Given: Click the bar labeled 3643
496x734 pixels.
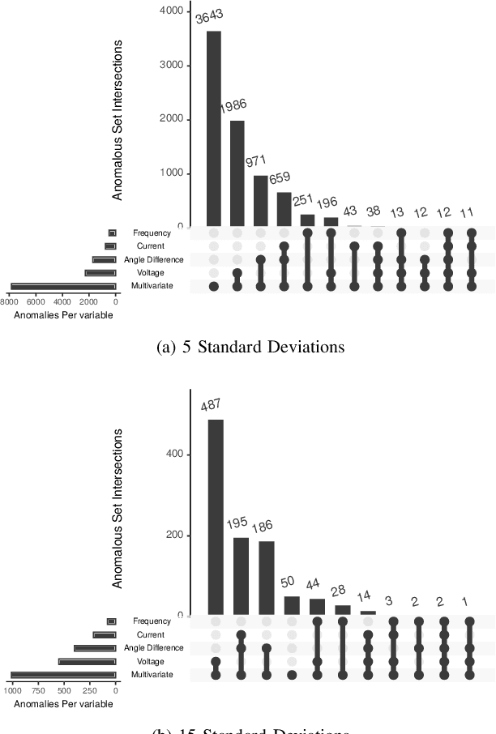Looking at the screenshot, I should coord(214,129).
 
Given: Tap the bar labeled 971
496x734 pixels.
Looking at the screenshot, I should coord(261,201).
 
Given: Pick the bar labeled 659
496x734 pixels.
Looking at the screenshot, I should coord(284,209).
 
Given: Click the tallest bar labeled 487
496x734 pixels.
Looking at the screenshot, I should coord(216,517).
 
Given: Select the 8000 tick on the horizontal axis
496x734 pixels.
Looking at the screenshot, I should coord(10,301).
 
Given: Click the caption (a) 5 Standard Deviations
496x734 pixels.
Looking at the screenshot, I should coord(247,347).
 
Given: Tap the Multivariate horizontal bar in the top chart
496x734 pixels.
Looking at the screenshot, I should coord(62,286).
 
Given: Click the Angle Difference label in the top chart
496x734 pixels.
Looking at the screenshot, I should coord(153,260).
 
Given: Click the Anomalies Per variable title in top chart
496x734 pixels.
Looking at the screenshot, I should coord(63,314).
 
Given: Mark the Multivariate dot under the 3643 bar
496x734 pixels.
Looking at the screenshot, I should coord(214,286).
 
